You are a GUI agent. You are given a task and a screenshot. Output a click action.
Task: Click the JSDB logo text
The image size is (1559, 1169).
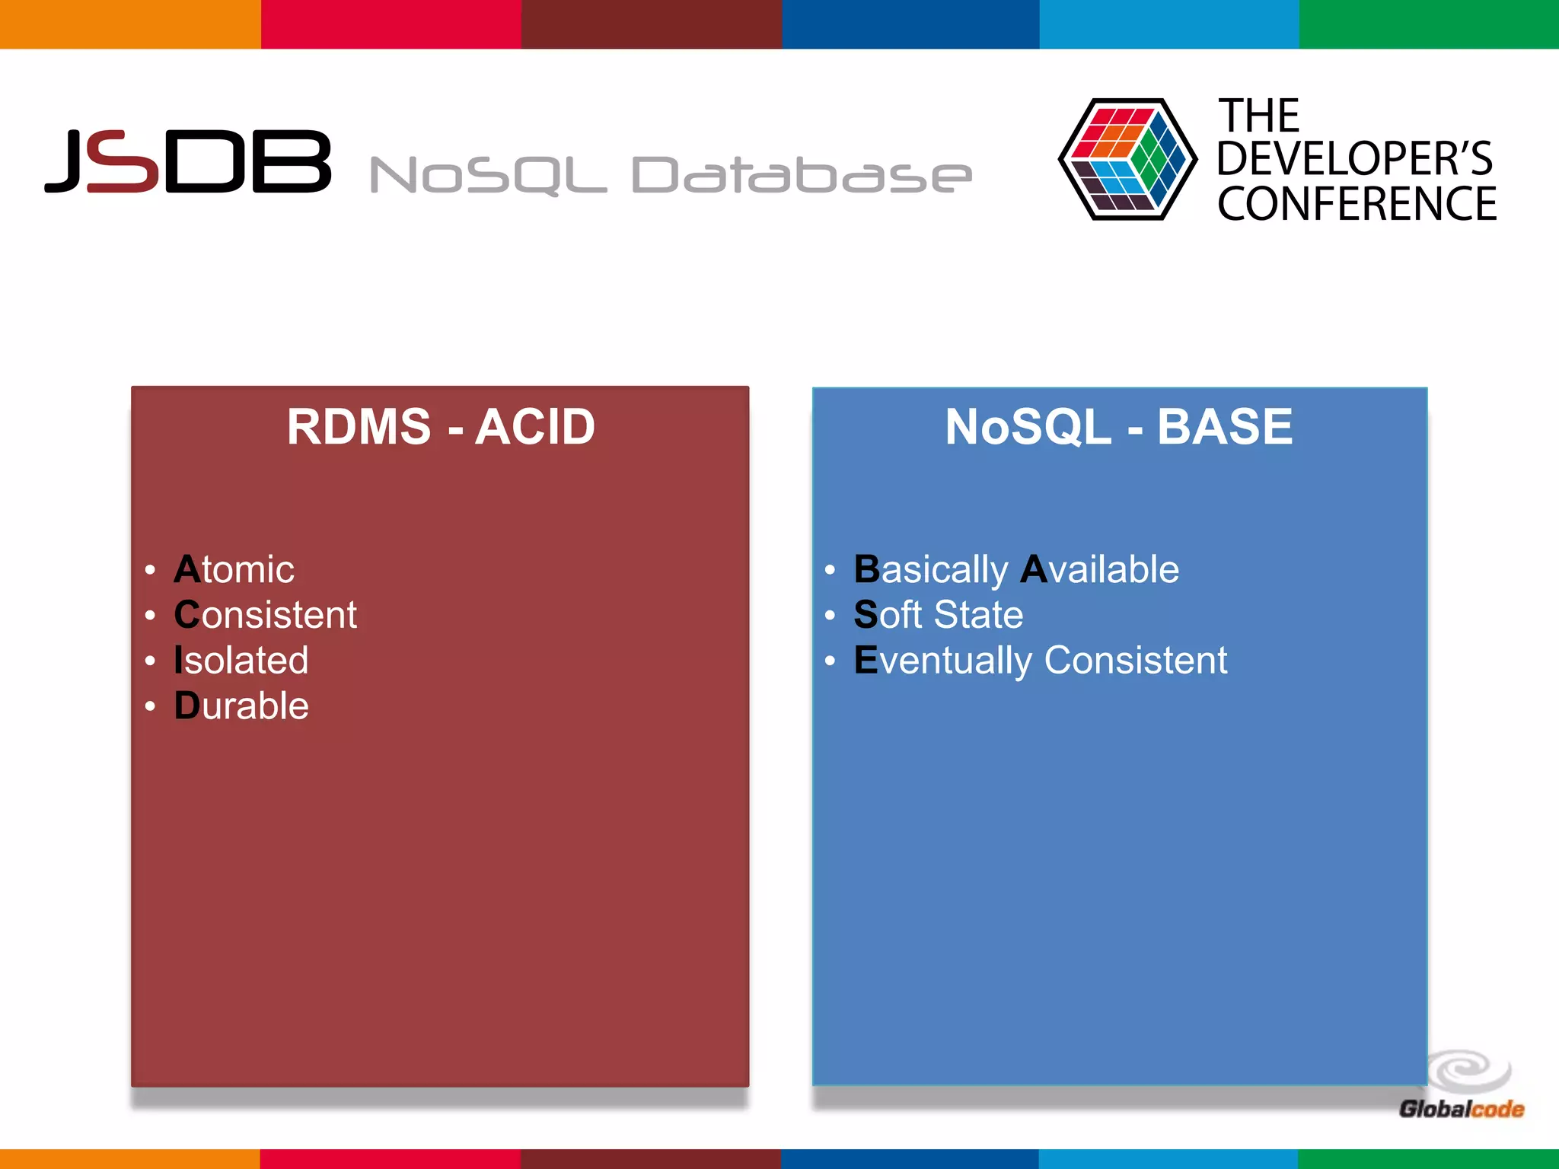point(188,161)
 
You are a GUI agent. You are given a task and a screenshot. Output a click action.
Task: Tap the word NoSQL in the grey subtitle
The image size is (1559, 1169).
point(487,175)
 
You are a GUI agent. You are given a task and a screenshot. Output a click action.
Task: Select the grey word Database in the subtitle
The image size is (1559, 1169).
point(801,175)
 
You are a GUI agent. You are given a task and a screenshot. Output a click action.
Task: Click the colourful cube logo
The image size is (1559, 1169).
point(1126,159)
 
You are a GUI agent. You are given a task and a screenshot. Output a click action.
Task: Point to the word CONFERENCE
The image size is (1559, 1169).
point(1357,204)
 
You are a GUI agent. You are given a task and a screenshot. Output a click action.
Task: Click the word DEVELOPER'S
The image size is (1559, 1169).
point(1354,158)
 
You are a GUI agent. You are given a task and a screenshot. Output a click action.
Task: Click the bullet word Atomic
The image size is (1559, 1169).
point(234,569)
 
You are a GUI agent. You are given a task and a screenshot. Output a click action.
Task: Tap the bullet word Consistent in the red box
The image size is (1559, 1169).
point(265,614)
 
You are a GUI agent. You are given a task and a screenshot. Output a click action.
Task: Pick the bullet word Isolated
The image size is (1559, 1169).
point(241,660)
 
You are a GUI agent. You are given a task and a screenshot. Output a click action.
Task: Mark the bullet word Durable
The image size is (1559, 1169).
point(241,706)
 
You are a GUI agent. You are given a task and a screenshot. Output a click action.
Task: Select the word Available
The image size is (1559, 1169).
point(1100,569)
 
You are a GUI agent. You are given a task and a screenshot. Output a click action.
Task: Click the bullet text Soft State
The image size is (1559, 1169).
point(938,614)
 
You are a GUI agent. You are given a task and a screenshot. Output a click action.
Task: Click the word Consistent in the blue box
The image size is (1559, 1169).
point(1135,660)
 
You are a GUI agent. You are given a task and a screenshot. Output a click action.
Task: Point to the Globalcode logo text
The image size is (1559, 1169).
point(1461,1109)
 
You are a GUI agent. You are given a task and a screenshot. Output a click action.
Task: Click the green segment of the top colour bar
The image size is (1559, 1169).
point(1429,24)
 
